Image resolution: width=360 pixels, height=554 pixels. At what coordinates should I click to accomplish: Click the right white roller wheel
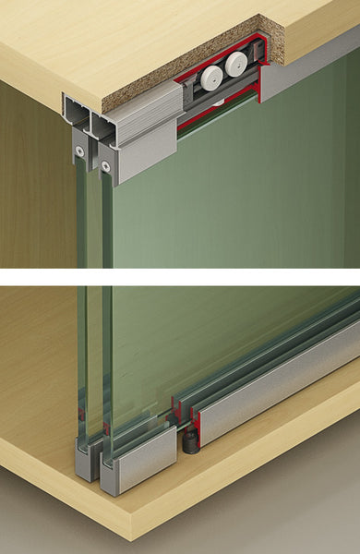click(x=235, y=64)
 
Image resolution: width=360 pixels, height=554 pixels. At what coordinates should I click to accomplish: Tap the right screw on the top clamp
click(x=107, y=165)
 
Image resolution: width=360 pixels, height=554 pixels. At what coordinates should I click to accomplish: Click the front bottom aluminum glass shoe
click(x=138, y=459)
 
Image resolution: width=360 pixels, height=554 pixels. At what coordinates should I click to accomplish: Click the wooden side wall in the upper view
click(x=32, y=185)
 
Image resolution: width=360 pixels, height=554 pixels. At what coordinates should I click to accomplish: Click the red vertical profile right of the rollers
click(x=265, y=83)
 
